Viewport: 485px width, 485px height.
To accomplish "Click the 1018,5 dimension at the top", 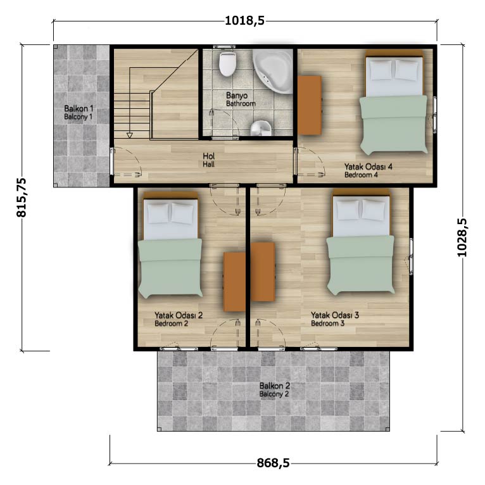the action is coord(244,21).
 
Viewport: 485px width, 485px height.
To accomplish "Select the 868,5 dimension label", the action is coord(273,463).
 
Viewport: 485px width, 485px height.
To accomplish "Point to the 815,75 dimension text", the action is coord(22,198).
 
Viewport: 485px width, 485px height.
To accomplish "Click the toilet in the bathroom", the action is coord(228,64).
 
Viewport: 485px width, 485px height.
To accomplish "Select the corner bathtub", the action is coord(273,71).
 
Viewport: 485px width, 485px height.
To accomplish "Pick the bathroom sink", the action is coord(261,128).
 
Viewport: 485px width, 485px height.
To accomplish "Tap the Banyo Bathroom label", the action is coord(241,99).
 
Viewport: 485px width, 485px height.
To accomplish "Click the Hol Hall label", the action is coord(209,160).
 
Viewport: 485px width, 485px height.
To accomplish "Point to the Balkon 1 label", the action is coord(79,112).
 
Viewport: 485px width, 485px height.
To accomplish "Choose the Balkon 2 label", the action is coord(274,390).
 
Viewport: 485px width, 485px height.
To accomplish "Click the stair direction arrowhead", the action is coord(130,135).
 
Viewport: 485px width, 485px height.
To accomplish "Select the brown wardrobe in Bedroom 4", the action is coord(310,106).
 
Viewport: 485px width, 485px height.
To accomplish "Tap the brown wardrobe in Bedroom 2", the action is coord(234,282).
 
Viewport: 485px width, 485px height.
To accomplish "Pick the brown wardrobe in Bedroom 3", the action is coord(263,272).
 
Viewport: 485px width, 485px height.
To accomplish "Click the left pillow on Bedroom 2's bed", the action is coord(158,213).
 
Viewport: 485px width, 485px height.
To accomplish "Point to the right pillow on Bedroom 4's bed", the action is coord(406,70).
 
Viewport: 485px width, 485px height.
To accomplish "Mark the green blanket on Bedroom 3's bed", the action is coord(361,265).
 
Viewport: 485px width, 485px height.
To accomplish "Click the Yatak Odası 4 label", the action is coord(368,167).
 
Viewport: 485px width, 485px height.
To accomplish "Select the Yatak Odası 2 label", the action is coord(179,315).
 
